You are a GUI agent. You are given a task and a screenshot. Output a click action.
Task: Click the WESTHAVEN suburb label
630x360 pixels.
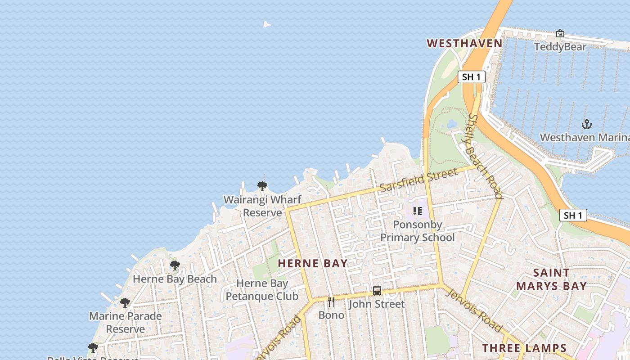point(464,43)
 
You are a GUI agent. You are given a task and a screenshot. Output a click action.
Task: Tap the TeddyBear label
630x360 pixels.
point(560,47)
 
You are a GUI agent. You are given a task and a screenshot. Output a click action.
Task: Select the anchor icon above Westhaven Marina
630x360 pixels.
point(586,124)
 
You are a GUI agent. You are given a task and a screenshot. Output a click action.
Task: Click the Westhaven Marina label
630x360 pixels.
point(584,137)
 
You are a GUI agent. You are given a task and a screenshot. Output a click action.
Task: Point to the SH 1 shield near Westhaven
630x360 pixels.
point(472,77)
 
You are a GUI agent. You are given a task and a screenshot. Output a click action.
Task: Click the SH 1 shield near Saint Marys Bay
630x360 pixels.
point(573,215)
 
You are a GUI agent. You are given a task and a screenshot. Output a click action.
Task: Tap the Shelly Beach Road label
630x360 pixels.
point(485,156)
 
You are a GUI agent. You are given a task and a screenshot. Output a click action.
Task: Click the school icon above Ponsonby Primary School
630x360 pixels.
point(418,211)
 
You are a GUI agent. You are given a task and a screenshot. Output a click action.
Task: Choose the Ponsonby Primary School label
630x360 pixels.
point(418,231)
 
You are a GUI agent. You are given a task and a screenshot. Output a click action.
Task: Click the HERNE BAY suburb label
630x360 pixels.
point(313,263)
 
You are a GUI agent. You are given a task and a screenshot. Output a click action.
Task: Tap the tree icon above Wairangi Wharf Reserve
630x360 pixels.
point(262,186)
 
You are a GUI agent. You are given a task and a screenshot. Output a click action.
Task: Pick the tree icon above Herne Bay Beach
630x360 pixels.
point(175,265)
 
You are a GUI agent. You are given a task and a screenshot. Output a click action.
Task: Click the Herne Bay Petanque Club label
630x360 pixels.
point(262,290)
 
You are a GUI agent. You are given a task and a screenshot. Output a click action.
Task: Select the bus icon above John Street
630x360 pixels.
point(377,291)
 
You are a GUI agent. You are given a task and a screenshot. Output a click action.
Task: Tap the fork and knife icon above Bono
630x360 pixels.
point(331,301)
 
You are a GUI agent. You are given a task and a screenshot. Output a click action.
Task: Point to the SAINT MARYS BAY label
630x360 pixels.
point(551,279)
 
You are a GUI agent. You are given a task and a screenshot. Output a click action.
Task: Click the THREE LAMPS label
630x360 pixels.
point(524,348)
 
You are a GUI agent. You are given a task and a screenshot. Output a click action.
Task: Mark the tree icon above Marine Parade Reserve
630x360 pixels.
point(125,302)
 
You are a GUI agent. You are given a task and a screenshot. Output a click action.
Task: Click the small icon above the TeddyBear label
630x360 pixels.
point(560,33)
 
